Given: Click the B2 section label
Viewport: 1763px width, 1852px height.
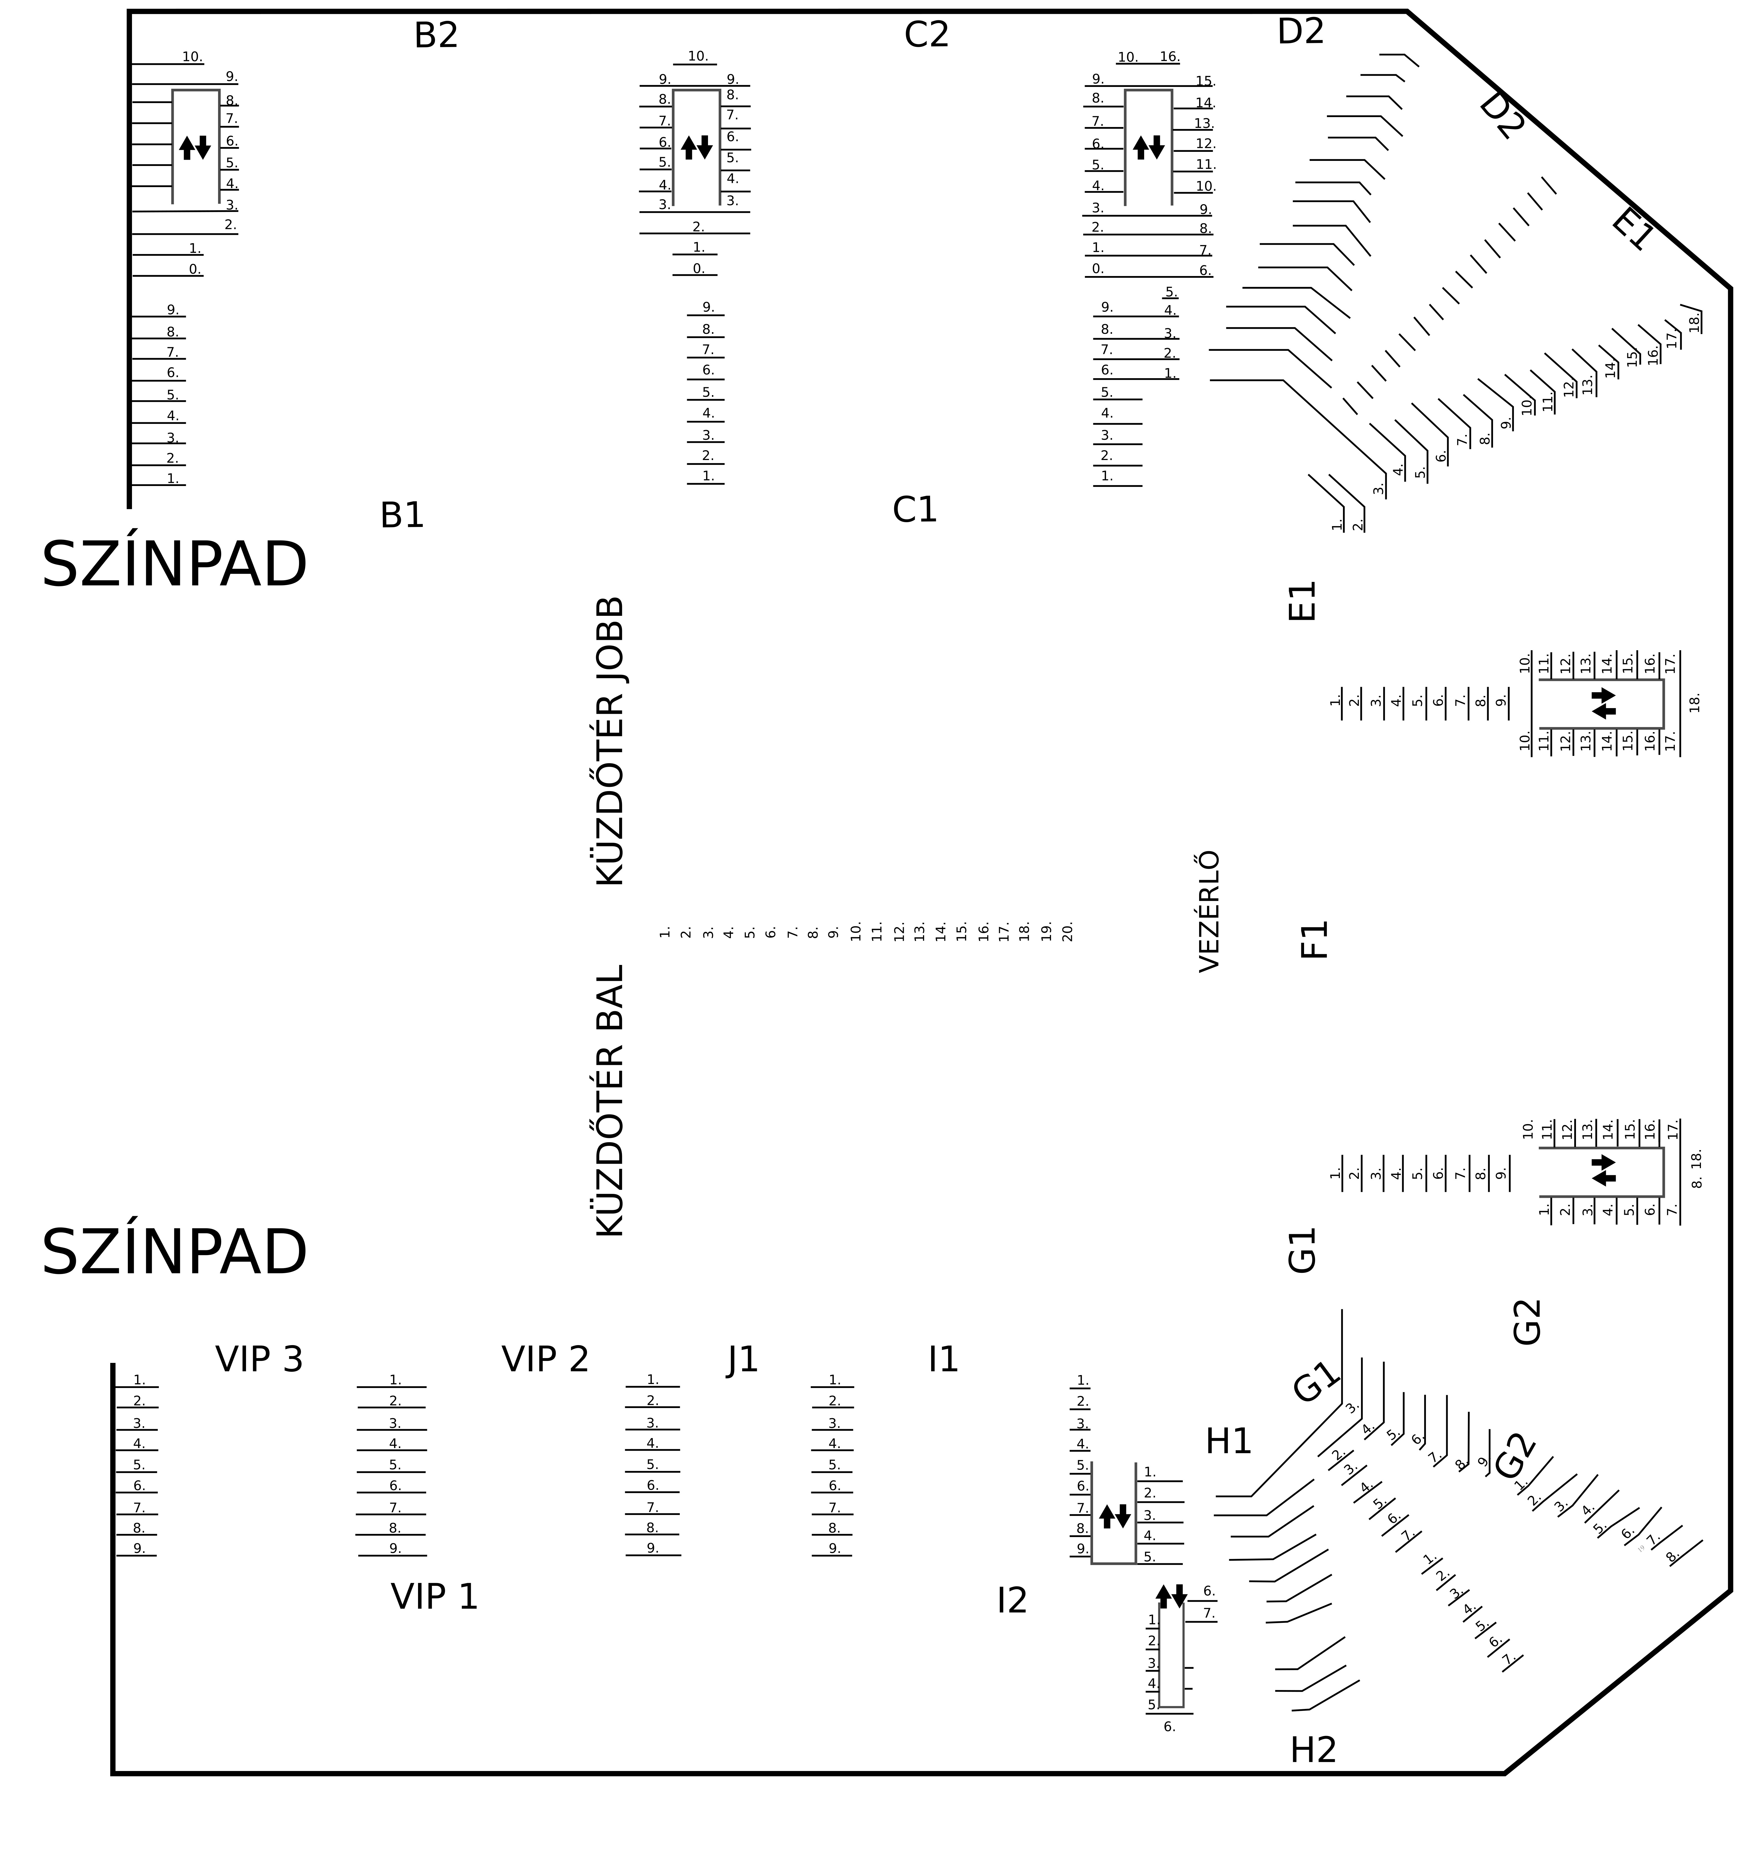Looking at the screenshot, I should pyautogui.click(x=436, y=36).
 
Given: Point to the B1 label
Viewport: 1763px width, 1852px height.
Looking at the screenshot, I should pyautogui.click(x=402, y=515).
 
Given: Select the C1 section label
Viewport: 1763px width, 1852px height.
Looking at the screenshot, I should pyautogui.click(x=915, y=509).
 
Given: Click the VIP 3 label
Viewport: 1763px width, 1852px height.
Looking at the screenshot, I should pyautogui.click(x=260, y=1360).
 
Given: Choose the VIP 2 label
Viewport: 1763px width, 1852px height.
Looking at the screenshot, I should pyautogui.click(x=545, y=1360).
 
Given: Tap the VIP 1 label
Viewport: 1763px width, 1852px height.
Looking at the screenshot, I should pyautogui.click(x=434, y=1596).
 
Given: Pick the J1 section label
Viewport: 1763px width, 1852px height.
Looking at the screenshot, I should pyautogui.click(x=742, y=1360).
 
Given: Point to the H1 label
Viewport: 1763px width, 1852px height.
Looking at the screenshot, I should pyautogui.click(x=1228, y=1441).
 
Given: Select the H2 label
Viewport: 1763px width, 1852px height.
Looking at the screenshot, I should pyautogui.click(x=1313, y=1750).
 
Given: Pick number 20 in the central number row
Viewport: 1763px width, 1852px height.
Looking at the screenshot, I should pyautogui.click(x=1068, y=932).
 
